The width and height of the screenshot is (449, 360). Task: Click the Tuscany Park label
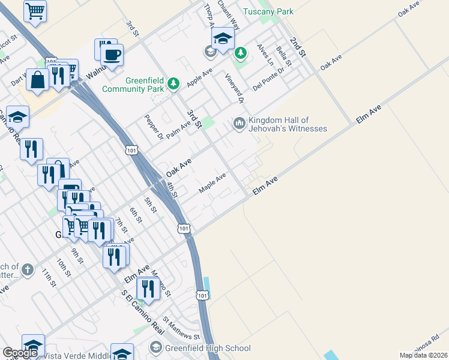point(268,11)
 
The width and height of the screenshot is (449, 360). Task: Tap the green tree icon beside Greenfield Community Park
point(174,83)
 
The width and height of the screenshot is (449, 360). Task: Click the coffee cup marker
point(112,55)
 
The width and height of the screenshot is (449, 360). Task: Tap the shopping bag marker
point(37,80)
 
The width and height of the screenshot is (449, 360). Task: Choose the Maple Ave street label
point(212,182)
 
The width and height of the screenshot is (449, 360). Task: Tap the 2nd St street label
point(298,47)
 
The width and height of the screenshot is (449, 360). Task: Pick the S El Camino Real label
point(142,313)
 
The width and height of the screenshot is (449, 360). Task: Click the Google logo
point(20,353)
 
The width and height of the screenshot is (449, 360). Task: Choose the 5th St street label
point(150,205)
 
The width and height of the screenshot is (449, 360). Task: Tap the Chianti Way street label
point(229,15)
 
